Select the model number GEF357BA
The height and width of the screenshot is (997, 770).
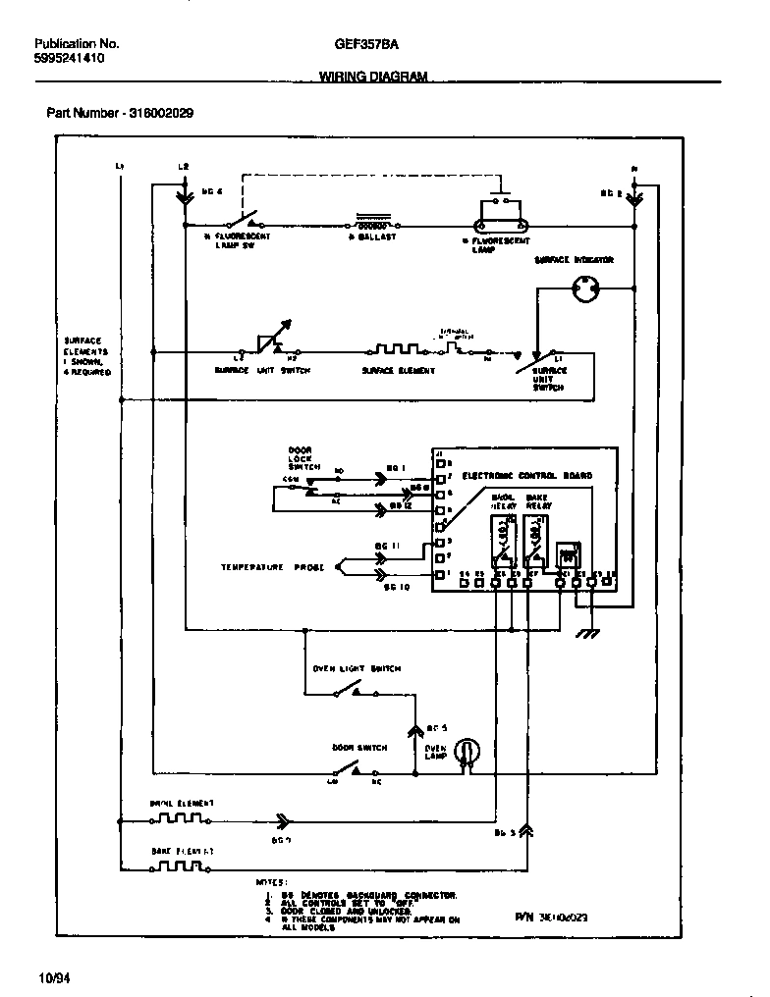[x=366, y=44]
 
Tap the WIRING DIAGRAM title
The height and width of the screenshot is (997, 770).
[x=373, y=78]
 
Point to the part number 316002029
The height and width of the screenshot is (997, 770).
[x=120, y=113]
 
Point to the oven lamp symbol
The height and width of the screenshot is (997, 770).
[x=470, y=751]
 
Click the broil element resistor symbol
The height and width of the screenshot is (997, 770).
[x=182, y=817]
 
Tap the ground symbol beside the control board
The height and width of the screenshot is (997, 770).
[x=588, y=633]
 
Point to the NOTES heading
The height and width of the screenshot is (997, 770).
[x=271, y=882]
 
